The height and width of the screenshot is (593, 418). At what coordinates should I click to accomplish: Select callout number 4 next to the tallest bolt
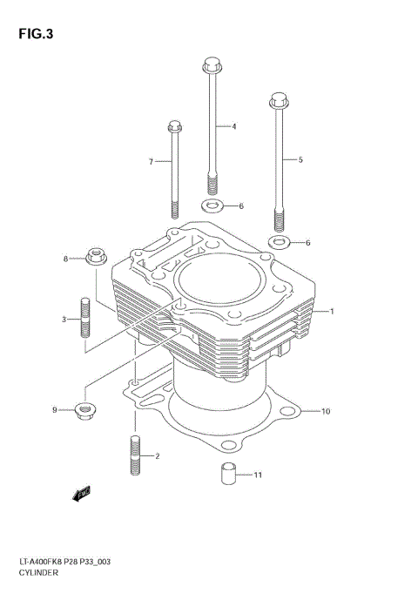tap(233, 127)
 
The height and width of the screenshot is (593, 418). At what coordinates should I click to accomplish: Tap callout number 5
tap(300, 159)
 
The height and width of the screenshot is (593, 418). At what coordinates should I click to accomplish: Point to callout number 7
tap(151, 162)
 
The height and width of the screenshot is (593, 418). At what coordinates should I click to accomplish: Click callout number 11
tap(257, 475)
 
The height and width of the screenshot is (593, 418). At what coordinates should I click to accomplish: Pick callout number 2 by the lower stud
tap(157, 455)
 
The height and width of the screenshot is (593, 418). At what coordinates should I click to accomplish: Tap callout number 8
tap(65, 259)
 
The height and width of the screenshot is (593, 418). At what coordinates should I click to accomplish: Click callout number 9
tap(53, 409)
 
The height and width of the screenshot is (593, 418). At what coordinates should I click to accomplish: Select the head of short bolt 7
tap(172, 128)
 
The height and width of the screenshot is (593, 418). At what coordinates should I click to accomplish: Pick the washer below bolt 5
tap(279, 241)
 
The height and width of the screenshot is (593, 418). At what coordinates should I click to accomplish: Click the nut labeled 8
tap(95, 256)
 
